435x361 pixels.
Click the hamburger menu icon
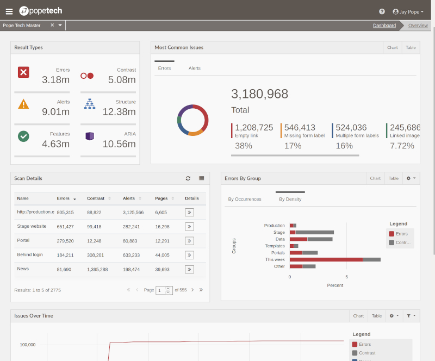(x=9, y=11)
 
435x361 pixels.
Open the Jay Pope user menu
(x=408, y=11)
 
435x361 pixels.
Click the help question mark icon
(x=382, y=11)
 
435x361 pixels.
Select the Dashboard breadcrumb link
(x=384, y=26)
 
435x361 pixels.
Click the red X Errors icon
(x=23, y=72)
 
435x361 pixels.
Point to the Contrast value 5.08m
(x=122, y=80)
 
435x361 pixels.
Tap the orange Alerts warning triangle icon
(x=23, y=104)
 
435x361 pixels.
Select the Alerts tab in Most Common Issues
(x=194, y=69)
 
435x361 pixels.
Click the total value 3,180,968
(x=259, y=94)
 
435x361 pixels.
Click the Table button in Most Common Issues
(x=411, y=48)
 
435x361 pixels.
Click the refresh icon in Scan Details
(x=188, y=178)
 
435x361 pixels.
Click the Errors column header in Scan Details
(x=64, y=198)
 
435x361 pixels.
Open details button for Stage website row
(x=189, y=226)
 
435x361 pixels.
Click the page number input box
(x=161, y=290)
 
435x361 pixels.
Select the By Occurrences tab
(x=245, y=199)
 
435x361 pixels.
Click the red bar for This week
(x=326, y=260)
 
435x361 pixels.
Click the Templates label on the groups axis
(x=275, y=246)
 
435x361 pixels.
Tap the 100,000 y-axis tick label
(x=28, y=345)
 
